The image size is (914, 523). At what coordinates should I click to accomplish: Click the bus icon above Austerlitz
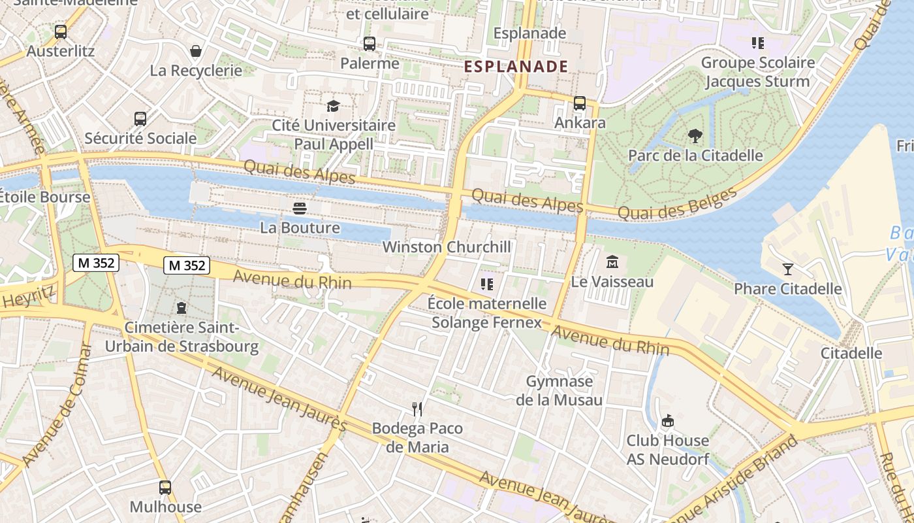click(x=61, y=31)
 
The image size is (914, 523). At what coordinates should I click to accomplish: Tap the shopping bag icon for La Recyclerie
click(x=195, y=51)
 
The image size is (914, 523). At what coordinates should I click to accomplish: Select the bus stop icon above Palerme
click(x=370, y=44)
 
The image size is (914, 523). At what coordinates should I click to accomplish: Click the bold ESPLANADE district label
click(x=516, y=66)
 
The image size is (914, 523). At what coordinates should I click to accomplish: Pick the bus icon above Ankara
click(x=580, y=103)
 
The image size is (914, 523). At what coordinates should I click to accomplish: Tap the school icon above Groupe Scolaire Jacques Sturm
click(x=757, y=43)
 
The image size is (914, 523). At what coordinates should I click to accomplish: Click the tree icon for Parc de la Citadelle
click(x=695, y=136)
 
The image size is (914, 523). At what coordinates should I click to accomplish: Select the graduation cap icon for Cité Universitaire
click(x=334, y=106)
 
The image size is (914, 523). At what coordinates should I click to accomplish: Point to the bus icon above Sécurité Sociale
click(x=140, y=119)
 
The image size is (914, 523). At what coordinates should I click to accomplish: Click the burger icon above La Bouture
click(x=300, y=209)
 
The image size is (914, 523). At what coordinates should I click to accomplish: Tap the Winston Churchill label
click(x=447, y=247)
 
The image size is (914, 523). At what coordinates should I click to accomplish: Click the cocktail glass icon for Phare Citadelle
click(x=788, y=269)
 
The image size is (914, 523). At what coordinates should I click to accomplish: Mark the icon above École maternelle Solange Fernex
click(x=486, y=284)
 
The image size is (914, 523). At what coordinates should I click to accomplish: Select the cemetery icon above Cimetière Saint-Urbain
click(x=181, y=308)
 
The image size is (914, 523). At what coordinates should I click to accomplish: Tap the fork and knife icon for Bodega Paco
click(x=417, y=409)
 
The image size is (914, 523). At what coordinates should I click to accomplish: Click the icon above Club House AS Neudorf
click(x=667, y=421)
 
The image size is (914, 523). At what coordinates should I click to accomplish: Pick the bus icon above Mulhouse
click(x=165, y=488)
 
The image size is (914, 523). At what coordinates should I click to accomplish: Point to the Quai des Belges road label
click(x=676, y=203)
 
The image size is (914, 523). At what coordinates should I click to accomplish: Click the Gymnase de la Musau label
click(x=559, y=390)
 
